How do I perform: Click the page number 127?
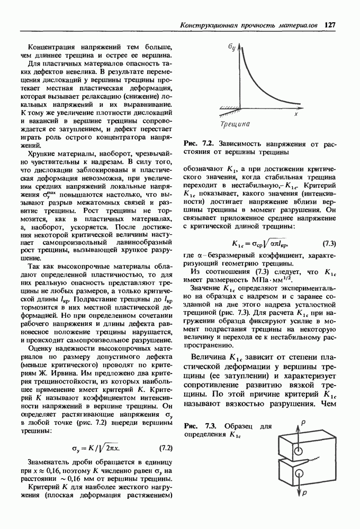click(331, 25)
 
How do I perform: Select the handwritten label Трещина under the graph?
click(235, 125)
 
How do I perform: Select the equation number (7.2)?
click(166, 449)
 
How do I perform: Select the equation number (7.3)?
click(329, 243)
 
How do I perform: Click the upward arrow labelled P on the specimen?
click(300, 426)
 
